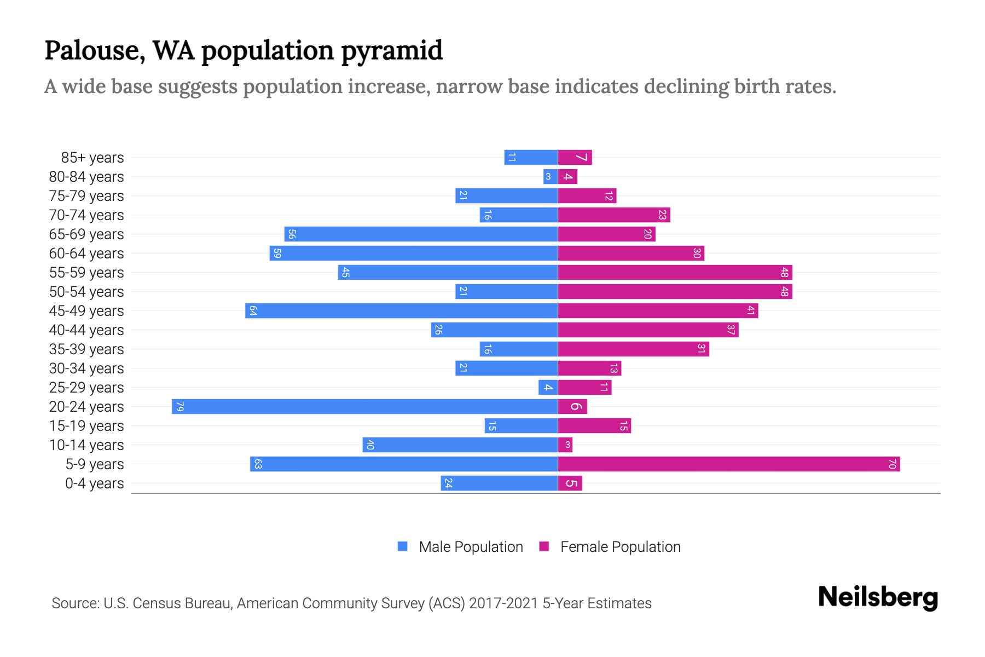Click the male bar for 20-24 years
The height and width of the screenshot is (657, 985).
[364, 406]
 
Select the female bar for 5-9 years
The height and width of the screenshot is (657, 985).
[728, 464]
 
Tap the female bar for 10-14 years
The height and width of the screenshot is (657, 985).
[565, 445]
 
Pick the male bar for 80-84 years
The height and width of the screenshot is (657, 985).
[550, 176]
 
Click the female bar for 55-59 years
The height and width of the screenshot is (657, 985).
[674, 272]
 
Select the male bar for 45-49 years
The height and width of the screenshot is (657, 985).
[401, 310]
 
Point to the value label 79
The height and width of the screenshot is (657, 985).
[179, 406]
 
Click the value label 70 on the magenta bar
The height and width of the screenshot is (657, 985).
[892, 464]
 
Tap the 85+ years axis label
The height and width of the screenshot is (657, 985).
[92, 158]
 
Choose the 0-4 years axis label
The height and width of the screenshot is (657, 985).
[94, 483]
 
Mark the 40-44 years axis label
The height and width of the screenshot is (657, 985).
[86, 330]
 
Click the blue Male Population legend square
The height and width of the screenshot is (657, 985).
[403, 546]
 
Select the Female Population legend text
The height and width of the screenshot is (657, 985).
[620, 547]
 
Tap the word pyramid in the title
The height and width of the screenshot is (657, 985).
[392, 51]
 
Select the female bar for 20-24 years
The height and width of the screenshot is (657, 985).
[572, 406]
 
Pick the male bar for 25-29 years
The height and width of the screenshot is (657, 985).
[548, 387]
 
